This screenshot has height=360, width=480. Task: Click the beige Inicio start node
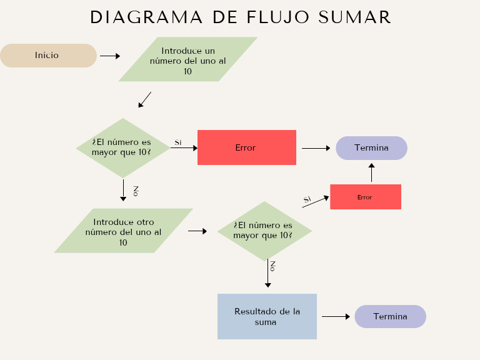[47, 56]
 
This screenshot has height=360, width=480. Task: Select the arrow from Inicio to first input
[109, 56]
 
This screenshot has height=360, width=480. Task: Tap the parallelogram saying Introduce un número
[187, 60]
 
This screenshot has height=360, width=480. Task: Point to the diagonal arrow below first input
[145, 99]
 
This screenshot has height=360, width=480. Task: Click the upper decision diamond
[123, 147]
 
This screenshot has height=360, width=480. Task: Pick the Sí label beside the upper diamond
[177, 142]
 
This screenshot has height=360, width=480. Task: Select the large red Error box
[246, 147]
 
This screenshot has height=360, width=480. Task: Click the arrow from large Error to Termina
[316, 148]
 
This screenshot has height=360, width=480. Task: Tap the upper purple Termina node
[371, 148]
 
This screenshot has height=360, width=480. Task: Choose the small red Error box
[365, 197]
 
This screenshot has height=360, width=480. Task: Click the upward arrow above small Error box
[371, 172]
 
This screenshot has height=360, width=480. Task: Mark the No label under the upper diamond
[136, 191]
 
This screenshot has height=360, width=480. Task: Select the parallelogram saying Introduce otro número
[123, 231]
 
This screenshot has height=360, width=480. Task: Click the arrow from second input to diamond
[197, 231]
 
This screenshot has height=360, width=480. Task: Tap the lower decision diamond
[264, 231]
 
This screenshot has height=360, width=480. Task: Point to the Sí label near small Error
[307, 199]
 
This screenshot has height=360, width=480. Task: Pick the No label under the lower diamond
[272, 266]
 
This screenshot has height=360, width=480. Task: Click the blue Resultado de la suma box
[267, 316]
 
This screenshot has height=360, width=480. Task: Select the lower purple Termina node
[390, 317]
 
